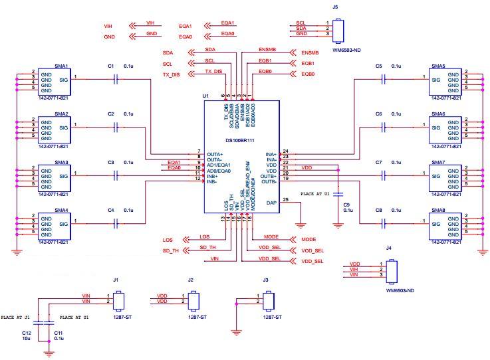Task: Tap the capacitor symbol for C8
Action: pyautogui.click(x=384, y=224)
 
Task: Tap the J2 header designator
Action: pyautogui.click(x=191, y=280)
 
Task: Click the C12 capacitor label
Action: pyautogui.click(x=27, y=332)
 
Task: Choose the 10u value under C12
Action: pyautogui.click(x=27, y=339)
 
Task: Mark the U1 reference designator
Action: pyautogui.click(x=205, y=96)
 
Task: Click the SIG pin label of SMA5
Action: pyautogui.click(x=436, y=79)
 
